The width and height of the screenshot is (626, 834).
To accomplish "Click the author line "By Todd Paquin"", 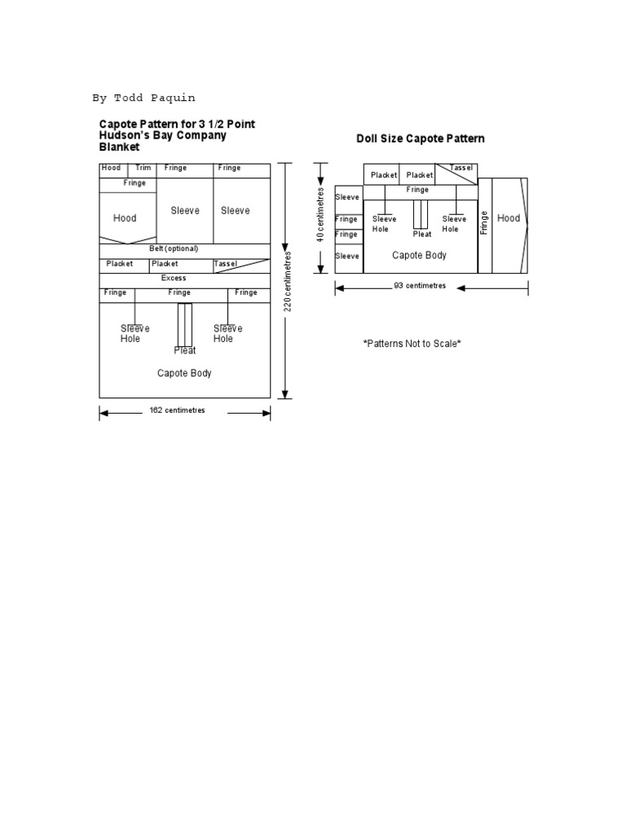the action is click(143, 99).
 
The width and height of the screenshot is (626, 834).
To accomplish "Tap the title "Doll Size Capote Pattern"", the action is click(421, 138).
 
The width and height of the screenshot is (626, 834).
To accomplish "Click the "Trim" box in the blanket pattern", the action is click(143, 168).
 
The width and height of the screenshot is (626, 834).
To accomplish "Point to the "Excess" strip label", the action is click(174, 278).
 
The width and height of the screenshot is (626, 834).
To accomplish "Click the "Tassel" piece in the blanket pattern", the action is click(225, 264).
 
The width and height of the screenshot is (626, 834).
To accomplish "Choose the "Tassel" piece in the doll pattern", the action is click(461, 168).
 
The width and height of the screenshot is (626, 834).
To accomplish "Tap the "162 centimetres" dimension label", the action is click(177, 410).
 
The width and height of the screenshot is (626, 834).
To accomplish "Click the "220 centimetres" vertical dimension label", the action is click(287, 280).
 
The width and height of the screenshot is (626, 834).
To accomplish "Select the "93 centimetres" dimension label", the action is click(419, 287).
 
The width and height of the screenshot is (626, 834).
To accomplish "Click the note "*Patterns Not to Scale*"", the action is click(412, 344).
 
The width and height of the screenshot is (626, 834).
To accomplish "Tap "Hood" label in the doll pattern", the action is click(509, 218).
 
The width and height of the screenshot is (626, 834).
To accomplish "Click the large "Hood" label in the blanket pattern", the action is click(125, 218).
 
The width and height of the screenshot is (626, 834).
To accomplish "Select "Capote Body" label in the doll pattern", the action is click(419, 255).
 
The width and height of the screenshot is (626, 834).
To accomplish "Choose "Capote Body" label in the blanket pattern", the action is click(184, 373).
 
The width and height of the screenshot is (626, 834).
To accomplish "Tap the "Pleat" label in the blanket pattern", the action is click(184, 351).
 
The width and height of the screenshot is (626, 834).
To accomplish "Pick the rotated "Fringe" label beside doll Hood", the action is click(484, 222).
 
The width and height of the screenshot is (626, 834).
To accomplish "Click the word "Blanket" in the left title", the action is click(119, 147).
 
